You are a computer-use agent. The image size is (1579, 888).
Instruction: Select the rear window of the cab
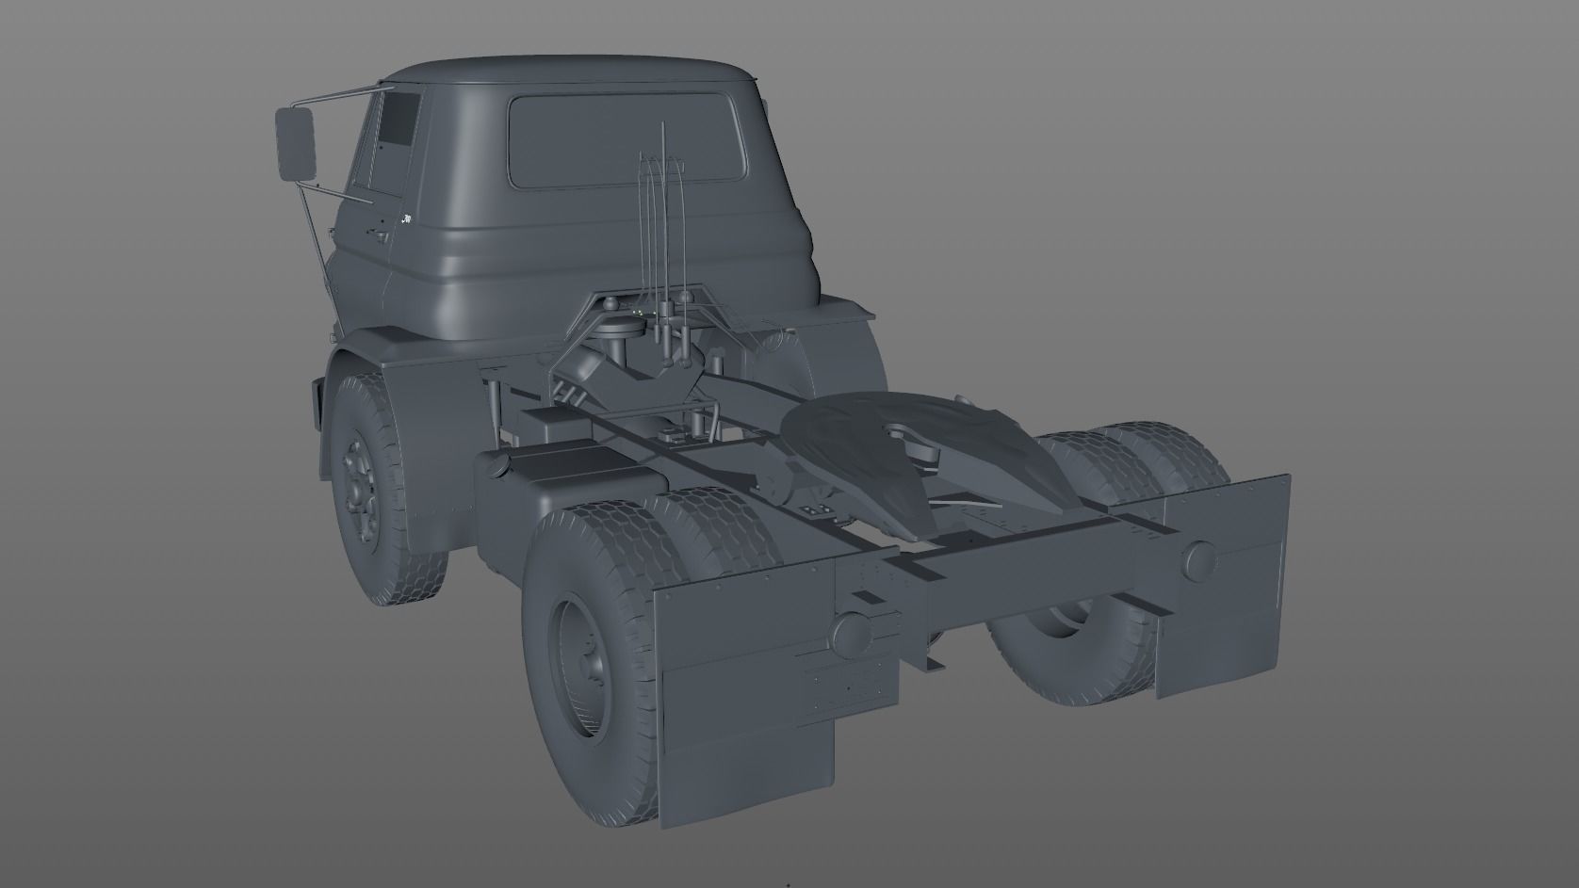[626, 138]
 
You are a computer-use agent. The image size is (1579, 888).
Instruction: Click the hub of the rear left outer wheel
[587, 650]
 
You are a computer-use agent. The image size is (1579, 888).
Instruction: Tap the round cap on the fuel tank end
[491, 465]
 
